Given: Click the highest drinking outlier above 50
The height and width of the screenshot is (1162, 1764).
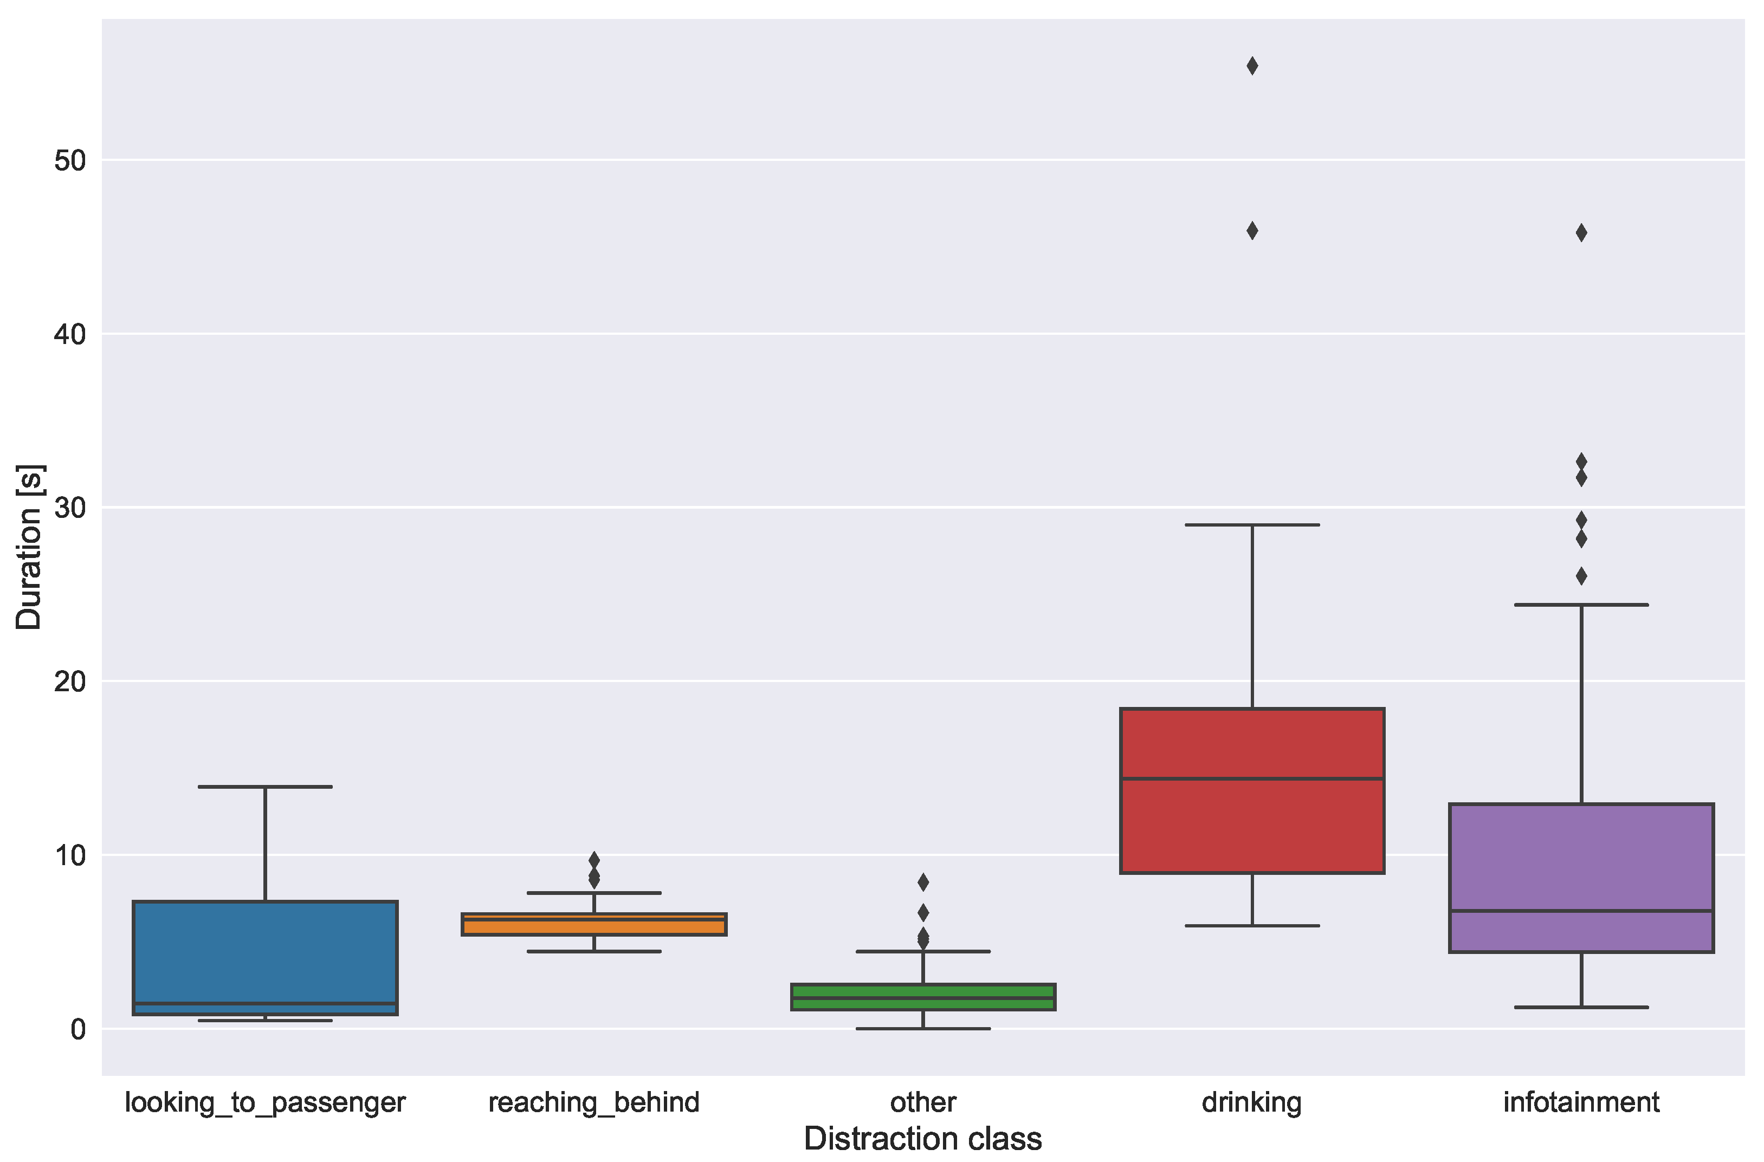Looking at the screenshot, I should click(x=1252, y=66).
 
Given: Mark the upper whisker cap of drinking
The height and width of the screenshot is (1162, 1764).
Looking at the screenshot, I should click(x=1252, y=525).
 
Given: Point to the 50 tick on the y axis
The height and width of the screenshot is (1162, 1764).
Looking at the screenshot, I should click(x=70, y=160).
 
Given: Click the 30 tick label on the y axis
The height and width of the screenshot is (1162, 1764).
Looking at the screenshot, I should click(x=70, y=508).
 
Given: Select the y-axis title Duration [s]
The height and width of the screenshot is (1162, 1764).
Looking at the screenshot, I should click(x=30, y=547).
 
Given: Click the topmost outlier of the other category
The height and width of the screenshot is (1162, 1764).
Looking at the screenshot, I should click(x=923, y=882).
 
